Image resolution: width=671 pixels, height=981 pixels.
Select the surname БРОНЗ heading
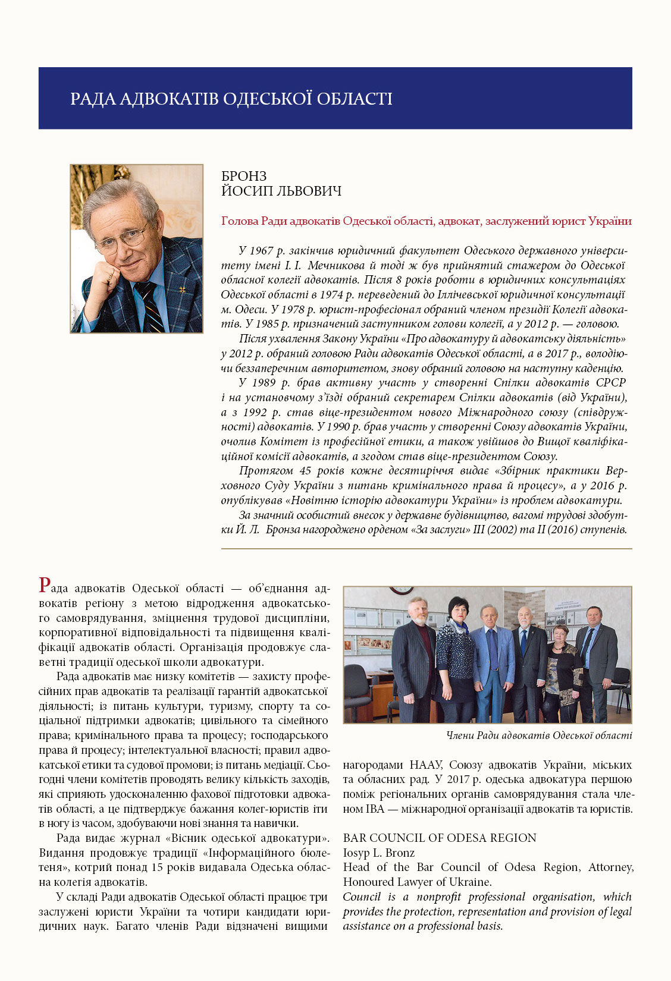coord(244,176)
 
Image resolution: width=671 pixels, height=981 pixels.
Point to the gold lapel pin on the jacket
coord(183,290)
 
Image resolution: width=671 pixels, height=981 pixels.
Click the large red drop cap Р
coord(45,586)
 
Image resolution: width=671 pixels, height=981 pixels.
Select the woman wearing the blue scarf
coord(456,654)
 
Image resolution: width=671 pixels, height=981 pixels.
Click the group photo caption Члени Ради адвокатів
coord(539,735)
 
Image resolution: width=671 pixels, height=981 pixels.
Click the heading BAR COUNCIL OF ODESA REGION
coord(440,838)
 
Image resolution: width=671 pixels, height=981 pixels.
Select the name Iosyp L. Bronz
coord(379,853)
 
